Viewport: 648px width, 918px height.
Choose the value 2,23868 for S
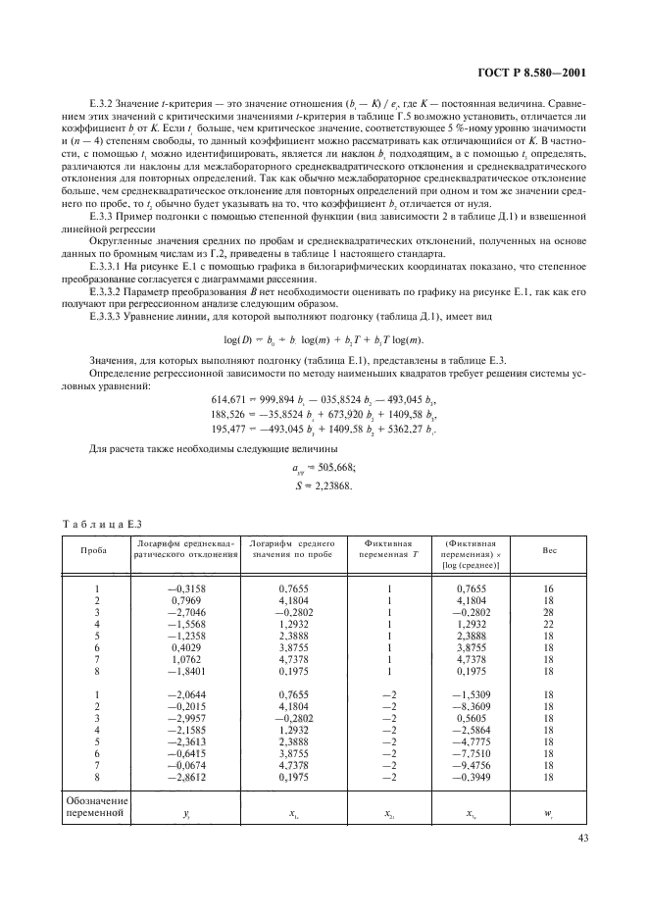pos(330,484)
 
